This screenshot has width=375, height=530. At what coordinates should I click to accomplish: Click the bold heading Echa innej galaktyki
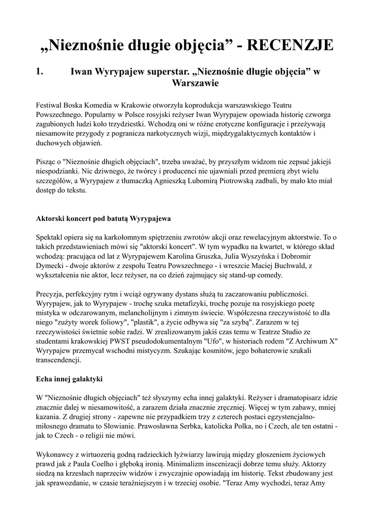[69, 379]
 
